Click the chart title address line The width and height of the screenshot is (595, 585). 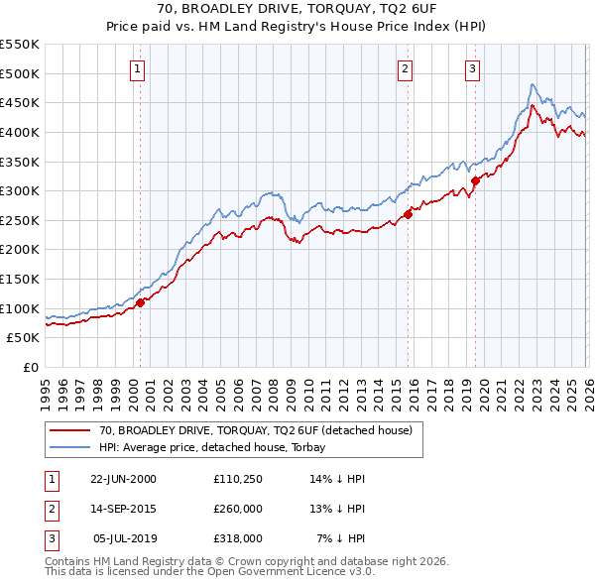pos(297,10)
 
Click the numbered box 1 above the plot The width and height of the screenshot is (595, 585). pos(136,68)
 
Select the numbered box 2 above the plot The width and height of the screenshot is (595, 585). pos(407,68)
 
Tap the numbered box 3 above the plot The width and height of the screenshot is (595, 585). pos(472,68)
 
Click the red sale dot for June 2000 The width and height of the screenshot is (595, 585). pos(141,302)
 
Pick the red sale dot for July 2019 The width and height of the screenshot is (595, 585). pos(475,180)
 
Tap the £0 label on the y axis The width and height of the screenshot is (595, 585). pos(32,368)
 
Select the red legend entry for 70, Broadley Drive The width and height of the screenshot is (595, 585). pos(248,430)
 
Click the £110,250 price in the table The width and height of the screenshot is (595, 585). pos(236,478)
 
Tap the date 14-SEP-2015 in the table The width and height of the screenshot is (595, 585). pos(124,508)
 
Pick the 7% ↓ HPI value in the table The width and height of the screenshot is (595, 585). pos(340,538)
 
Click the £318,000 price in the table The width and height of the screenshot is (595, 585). pos(236,538)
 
